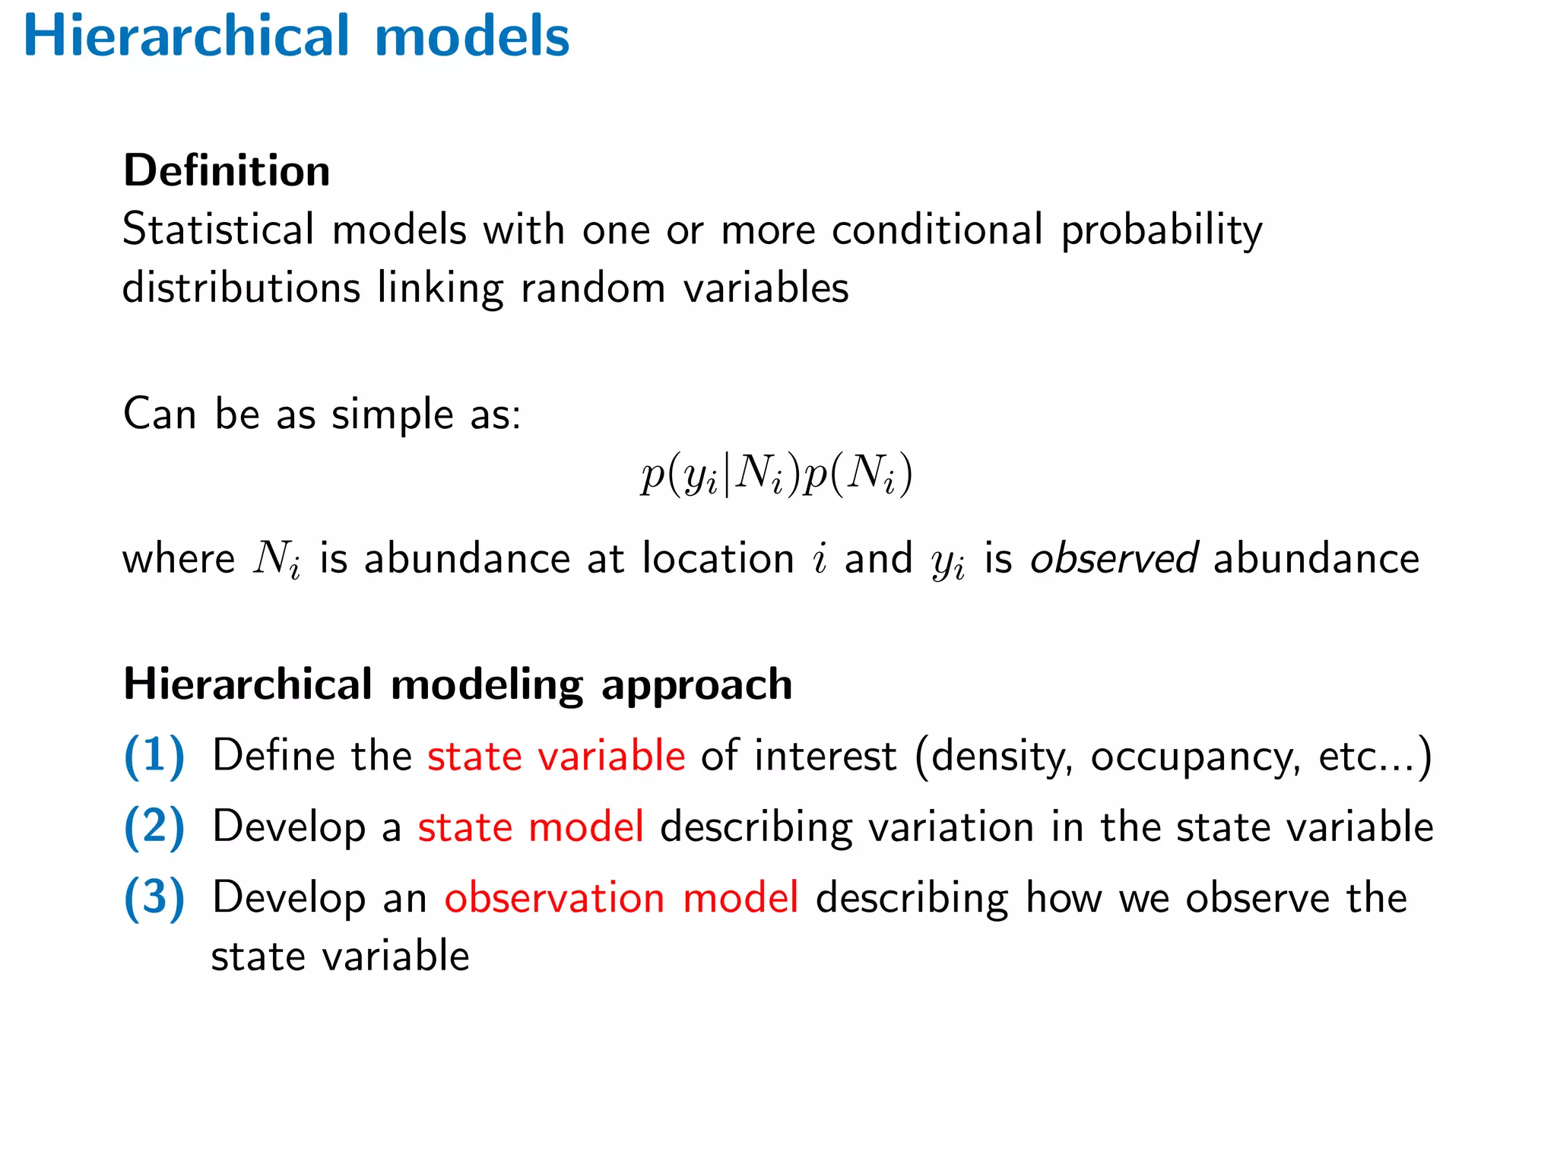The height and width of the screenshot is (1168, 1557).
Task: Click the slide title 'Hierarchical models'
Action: click(x=296, y=36)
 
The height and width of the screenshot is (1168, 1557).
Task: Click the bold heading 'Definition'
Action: click(x=227, y=170)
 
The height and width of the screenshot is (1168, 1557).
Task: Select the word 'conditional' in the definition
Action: click(x=937, y=229)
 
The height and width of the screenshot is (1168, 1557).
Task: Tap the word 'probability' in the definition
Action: click(x=1162, y=230)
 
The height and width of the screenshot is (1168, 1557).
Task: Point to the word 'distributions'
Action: click(x=241, y=287)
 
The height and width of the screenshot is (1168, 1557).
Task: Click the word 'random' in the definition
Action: click(x=593, y=287)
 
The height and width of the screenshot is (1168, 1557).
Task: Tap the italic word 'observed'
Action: click(x=1114, y=558)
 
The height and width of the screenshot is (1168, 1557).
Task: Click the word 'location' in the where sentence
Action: click(x=718, y=558)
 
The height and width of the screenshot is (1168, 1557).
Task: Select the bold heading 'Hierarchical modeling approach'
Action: click(x=458, y=684)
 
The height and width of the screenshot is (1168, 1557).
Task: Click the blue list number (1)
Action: click(x=154, y=756)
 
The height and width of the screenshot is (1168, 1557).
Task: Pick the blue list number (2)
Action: click(x=154, y=827)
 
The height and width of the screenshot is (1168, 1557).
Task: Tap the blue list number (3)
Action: click(x=154, y=897)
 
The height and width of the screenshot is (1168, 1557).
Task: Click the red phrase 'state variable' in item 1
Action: click(x=556, y=756)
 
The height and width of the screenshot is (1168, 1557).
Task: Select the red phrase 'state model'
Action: click(x=531, y=827)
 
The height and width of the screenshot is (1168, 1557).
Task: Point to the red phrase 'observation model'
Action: click(x=621, y=897)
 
